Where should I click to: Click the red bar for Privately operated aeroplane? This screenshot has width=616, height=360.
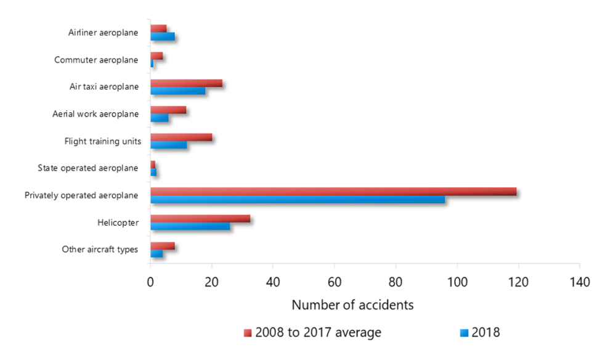333,191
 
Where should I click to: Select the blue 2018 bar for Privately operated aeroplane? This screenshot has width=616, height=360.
297,200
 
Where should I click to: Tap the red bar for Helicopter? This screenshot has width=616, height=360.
200,218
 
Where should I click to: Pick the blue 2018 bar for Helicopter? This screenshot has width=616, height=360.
190,226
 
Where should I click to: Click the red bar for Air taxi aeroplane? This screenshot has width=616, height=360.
186,83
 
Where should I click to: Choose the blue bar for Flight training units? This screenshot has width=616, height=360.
168,145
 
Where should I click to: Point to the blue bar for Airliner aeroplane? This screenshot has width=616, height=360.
162,36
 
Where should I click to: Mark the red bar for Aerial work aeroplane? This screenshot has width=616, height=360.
168,110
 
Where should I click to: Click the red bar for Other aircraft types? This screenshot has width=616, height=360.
162,245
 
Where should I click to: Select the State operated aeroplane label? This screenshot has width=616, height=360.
87,168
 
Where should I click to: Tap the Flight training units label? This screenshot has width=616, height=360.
102,141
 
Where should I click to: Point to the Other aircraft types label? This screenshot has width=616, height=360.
100,250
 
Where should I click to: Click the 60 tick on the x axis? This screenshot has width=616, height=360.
334,282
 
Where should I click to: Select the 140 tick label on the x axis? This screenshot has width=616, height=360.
579,282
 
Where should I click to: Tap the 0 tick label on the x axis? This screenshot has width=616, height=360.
150,282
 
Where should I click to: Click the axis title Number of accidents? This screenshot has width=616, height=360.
352,305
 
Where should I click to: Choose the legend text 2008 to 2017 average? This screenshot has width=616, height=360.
318,333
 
